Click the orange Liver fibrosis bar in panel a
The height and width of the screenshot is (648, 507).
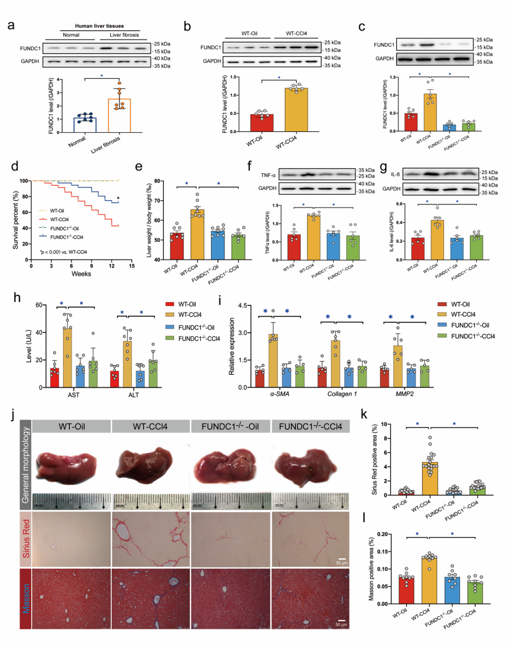[x=119, y=116]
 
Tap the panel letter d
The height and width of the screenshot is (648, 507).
[x=15, y=167]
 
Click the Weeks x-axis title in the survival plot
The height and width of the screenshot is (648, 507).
[x=81, y=274]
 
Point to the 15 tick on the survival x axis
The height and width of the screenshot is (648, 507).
[x=132, y=266]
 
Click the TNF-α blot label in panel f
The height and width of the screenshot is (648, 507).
[x=268, y=175]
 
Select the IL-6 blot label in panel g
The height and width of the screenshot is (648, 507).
[x=395, y=175]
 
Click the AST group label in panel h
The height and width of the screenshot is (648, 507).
[x=74, y=395]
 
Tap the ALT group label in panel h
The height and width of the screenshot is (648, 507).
[x=134, y=395]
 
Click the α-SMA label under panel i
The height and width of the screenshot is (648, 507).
[x=280, y=394]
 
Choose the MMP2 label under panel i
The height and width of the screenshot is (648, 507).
[x=405, y=394]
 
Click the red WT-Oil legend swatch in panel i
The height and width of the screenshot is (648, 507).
[x=442, y=305]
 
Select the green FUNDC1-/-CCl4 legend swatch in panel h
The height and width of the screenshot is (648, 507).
[x=169, y=338]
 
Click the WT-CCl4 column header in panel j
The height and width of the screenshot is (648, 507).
[x=150, y=427]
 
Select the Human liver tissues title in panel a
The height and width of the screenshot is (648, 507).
[x=100, y=26]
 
